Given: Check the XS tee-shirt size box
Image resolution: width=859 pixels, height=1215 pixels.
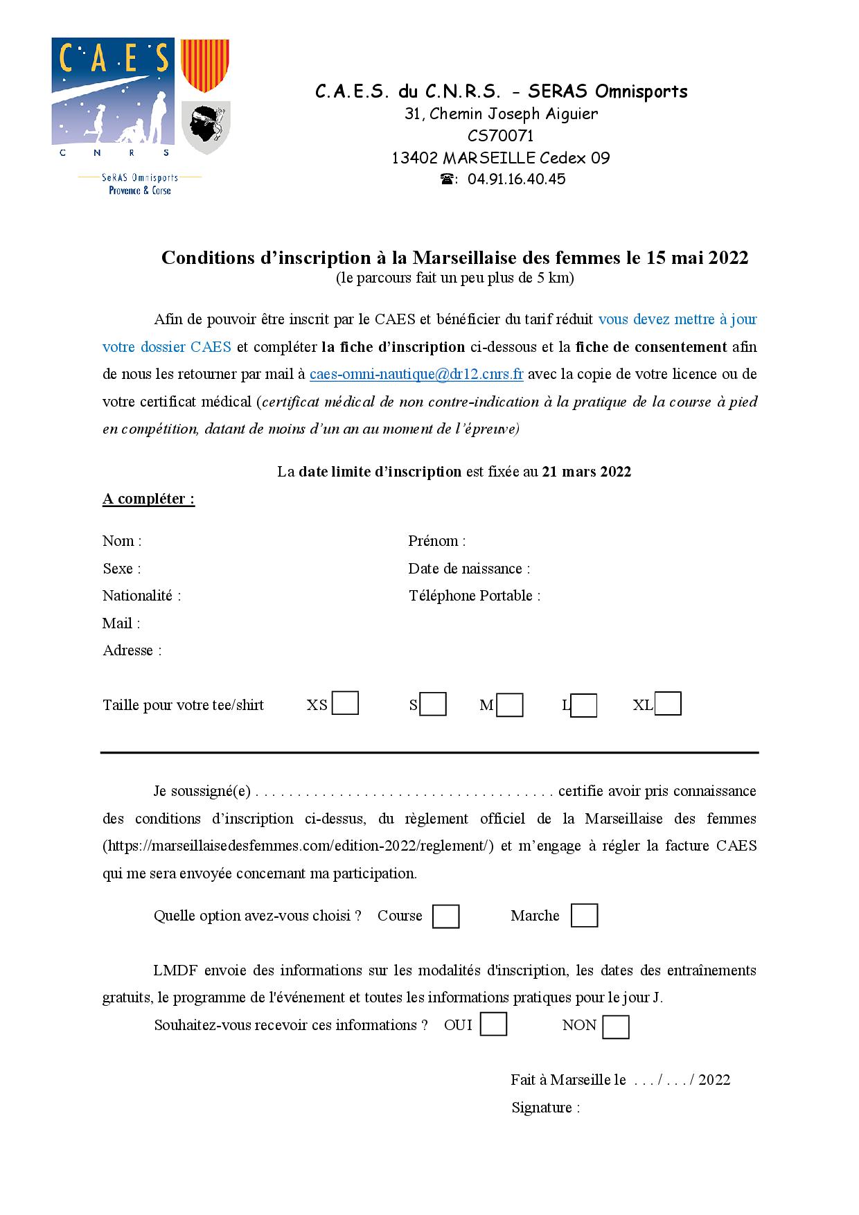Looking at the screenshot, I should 345,703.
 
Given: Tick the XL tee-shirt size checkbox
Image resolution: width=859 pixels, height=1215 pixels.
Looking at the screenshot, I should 668,703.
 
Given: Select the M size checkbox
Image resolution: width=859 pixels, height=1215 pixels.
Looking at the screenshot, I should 510,705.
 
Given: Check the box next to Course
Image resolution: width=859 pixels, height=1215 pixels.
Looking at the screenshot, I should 445,916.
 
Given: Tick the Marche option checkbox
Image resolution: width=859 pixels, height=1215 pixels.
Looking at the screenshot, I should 584,915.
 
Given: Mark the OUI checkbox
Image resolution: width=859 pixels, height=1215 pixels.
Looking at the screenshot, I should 493,1024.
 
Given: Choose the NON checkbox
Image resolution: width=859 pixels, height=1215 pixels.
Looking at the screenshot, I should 616,1027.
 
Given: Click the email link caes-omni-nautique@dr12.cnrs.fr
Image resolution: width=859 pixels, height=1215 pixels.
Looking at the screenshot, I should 416,374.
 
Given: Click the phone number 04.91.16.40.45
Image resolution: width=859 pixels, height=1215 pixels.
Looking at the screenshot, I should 516,179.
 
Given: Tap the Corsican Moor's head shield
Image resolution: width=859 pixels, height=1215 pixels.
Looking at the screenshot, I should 205,127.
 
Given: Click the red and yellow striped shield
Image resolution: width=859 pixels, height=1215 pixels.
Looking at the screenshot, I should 204,65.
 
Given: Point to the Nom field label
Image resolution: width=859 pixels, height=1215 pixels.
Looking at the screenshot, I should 122,541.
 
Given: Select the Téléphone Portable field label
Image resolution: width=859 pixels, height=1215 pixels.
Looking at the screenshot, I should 475,596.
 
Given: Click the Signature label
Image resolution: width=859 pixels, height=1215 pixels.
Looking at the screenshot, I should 545,1107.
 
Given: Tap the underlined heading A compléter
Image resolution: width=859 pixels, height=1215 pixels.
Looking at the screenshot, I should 148,499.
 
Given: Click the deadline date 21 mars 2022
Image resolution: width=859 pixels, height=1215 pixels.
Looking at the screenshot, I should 586,472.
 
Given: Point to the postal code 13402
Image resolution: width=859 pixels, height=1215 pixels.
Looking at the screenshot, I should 414,158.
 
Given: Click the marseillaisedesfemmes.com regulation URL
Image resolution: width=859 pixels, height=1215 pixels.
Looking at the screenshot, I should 298,846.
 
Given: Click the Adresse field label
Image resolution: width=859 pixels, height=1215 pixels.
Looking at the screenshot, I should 132,650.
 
